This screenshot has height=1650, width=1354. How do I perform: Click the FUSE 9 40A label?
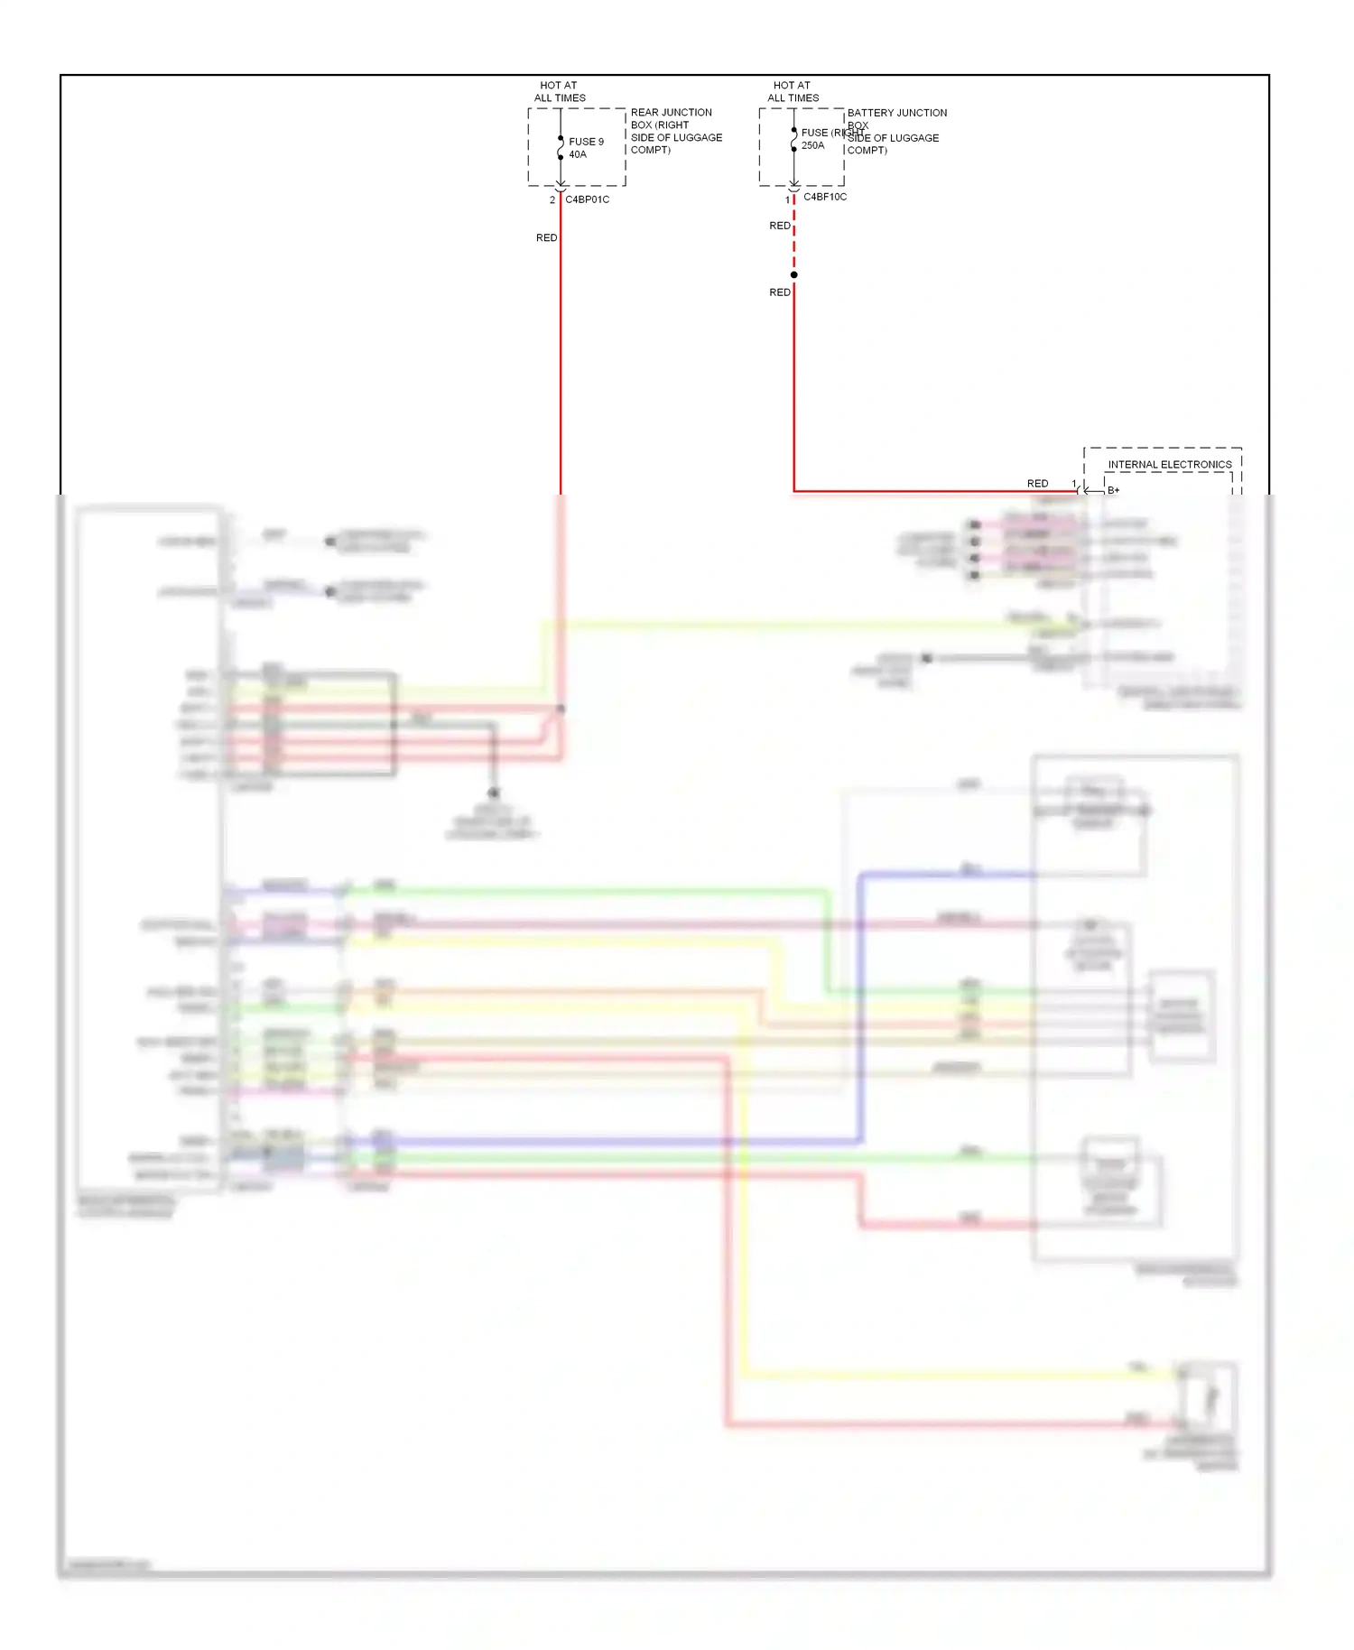click(585, 148)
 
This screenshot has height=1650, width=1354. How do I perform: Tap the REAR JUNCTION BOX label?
click(675, 131)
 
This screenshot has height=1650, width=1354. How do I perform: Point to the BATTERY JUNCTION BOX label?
click(895, 131)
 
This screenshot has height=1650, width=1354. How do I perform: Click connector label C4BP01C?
click(587, 199)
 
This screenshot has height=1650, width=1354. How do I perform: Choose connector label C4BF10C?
click(825, 197)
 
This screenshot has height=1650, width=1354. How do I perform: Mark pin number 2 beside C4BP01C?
click(552, 200)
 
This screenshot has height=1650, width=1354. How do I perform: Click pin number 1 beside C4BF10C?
click(787, 200)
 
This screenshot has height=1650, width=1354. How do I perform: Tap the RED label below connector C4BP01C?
click(546, 238)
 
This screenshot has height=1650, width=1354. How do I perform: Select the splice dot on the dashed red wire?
click(793, 275)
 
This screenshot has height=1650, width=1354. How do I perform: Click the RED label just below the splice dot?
click(779, 292)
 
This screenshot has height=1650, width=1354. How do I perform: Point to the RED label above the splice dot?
click(779, 226)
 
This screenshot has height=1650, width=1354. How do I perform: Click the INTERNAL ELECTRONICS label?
click(1169, 465)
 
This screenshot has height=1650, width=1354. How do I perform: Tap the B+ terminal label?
click(1113, 491)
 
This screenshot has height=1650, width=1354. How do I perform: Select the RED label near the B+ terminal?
click(1037, 484)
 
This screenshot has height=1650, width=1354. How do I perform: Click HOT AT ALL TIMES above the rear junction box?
click(559, 92)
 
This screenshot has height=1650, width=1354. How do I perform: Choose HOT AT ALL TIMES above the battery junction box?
click(793, 92)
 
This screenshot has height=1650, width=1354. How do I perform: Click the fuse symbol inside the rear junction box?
click(561, 147)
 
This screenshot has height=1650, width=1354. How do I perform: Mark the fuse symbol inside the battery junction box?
click(793, 139)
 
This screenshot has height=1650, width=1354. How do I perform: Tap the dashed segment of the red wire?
click(793, 244)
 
